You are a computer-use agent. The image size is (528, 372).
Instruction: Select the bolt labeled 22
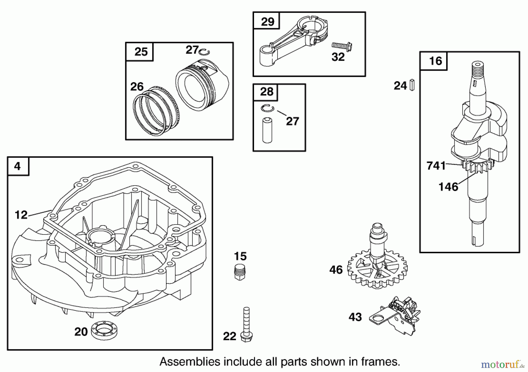(246, 325)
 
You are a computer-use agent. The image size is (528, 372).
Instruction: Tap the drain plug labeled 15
(240, 273)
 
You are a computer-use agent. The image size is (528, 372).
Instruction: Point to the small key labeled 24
(412, 85)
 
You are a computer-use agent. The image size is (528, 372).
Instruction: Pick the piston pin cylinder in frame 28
(267, 130)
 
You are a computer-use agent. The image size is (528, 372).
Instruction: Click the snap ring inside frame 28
(267, 108)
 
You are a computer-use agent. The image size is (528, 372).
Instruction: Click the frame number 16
(435, 61)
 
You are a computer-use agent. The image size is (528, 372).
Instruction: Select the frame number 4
(18, 167)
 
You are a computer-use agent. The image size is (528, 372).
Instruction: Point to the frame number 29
(267, 21)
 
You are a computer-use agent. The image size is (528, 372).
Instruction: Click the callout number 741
(436, 166)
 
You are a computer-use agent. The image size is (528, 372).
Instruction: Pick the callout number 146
(448, 186)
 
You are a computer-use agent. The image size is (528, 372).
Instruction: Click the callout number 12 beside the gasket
(21, 215)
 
